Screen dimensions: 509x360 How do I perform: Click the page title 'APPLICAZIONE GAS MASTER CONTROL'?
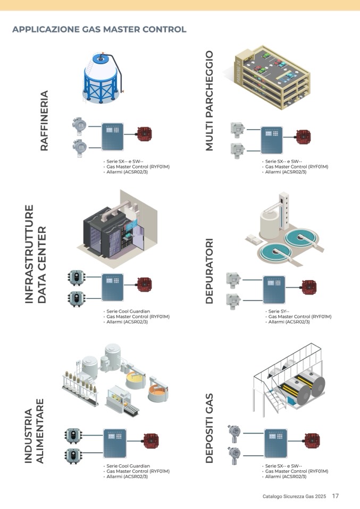(99, 29)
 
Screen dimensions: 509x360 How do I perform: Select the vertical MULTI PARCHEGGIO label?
(209, 100)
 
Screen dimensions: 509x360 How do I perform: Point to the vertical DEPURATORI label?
(209, 271)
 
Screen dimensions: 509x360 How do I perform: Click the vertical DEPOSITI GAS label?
(209, 428)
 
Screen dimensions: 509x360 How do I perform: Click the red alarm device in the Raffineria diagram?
(144, 134)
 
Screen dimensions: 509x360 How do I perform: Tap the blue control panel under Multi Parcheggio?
(271, 139)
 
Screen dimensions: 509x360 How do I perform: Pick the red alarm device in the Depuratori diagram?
(309, 287)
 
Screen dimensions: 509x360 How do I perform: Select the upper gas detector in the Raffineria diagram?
(79, 126)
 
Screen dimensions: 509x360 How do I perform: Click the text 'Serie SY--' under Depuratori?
(279, 311)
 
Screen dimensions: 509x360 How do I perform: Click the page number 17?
(335, 496)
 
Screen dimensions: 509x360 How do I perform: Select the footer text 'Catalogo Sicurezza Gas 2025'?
(294, 497)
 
